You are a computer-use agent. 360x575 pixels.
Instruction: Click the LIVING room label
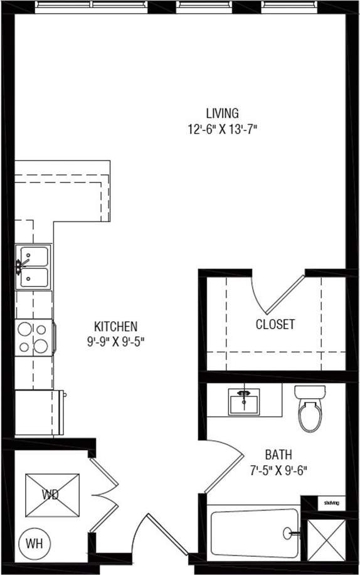click(222, 113)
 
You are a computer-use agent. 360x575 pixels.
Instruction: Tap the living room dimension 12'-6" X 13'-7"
click(222, 130)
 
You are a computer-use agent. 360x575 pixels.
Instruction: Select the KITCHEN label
click(115, 327)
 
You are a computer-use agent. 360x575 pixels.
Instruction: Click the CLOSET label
click(275, 325)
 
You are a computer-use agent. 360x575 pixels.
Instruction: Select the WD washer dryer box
click(52, 495)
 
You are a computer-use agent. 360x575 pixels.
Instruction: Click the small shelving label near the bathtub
click(331, 503)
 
